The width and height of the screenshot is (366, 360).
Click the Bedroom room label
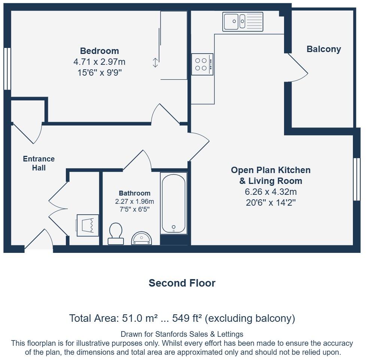[100, 51]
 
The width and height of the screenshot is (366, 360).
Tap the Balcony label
[324, 49]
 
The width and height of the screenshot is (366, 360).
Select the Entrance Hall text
[39, 163]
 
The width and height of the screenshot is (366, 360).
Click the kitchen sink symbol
[243, 21]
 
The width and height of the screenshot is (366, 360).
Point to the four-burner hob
[202, 64]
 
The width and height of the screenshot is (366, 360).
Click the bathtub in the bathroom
[173, 203]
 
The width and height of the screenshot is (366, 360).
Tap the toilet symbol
[116, 234]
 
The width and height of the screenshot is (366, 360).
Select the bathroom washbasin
[141, 238]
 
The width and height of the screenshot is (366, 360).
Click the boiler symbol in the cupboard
[88, 225]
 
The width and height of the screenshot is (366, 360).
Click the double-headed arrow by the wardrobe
[155, 63]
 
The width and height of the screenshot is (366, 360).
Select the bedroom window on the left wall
[7, 69]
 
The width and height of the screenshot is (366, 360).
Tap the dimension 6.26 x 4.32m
[271, 192]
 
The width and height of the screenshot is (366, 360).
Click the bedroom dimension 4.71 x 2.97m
[100, 62]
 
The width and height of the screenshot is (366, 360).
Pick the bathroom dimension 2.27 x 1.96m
[134, 202]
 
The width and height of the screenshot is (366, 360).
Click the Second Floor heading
[182, 283]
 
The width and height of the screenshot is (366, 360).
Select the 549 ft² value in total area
[187, 318]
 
